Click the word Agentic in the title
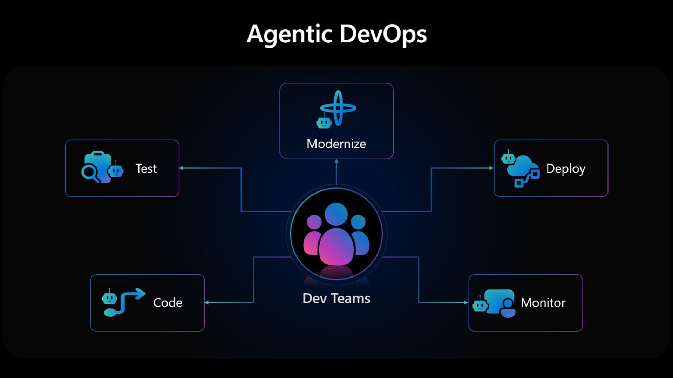click(290, 35)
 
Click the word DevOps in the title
click(383, 35)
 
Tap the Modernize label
click(336, 144)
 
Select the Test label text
click(146, 169)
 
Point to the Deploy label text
click(566, 169)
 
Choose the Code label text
click(168, 303)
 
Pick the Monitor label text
click(543, 303)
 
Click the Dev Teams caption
click(336, 299)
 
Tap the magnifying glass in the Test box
click(90, 173)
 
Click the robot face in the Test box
click(116, 170)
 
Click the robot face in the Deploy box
click(508, 157)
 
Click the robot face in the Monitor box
click(480, 305)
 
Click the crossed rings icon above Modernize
click(338, 108)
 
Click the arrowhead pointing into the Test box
click(182, 168)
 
